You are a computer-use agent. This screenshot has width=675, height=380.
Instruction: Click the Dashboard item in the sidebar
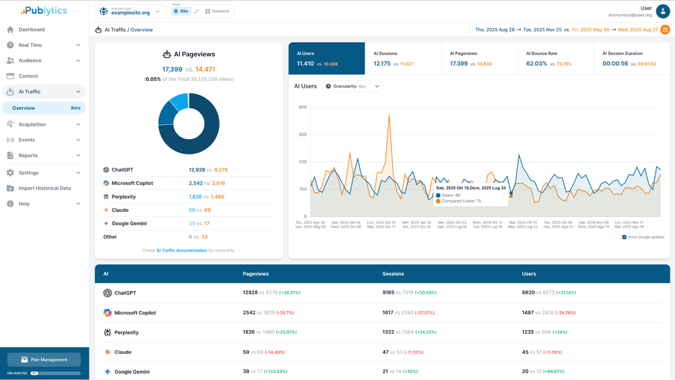pyautogui.click(x=31, y=29)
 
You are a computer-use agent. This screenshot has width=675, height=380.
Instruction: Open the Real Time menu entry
pyautogui.click(x=30, y=45)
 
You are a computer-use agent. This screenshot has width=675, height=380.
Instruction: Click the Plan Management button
pyautogui.click(x=44, y=360)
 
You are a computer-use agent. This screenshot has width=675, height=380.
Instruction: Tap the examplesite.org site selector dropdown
pyautogui.click(x=130, y=11)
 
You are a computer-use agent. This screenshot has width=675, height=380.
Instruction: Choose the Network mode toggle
pyautogui.click(x=217, y=11)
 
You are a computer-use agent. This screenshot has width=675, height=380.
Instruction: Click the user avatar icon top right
pyautogui.click(x=663, y=11)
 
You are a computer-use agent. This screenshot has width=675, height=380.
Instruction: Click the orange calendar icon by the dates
pyautogui.click(x=665, y=30)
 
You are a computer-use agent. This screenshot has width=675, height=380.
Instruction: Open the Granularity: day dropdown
pyautogui.click(x=353, y=86)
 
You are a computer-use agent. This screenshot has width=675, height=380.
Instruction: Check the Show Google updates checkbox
pyautogui.click(x=624, y=237)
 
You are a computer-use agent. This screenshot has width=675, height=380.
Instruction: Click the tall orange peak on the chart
pyautogui.click(x=389, y=116)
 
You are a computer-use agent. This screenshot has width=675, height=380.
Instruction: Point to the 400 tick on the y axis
pyautogui.click(x=303, y=107)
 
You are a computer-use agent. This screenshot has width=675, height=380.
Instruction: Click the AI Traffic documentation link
pyautogui.click(x=182, y=251)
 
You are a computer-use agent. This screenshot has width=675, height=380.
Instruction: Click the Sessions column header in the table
pyautogui.click(x=393, y=274)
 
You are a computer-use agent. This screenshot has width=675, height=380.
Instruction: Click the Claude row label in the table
pyautogui.click(x=123, y=352)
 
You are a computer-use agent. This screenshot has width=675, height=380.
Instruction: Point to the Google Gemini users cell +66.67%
pyautogui.click(x=543, y=372)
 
